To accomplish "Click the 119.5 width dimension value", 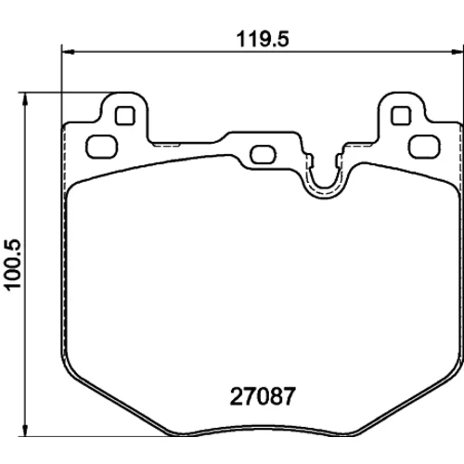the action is [263, 40].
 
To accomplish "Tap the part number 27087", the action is [263, 397].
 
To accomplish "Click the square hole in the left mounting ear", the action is [125, 116].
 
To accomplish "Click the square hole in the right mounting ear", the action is [401, 116].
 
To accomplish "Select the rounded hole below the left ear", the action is [102, 147].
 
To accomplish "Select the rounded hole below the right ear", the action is [424, 147].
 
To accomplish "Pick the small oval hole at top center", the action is [263, 155].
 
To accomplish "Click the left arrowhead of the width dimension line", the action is [68, 52].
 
